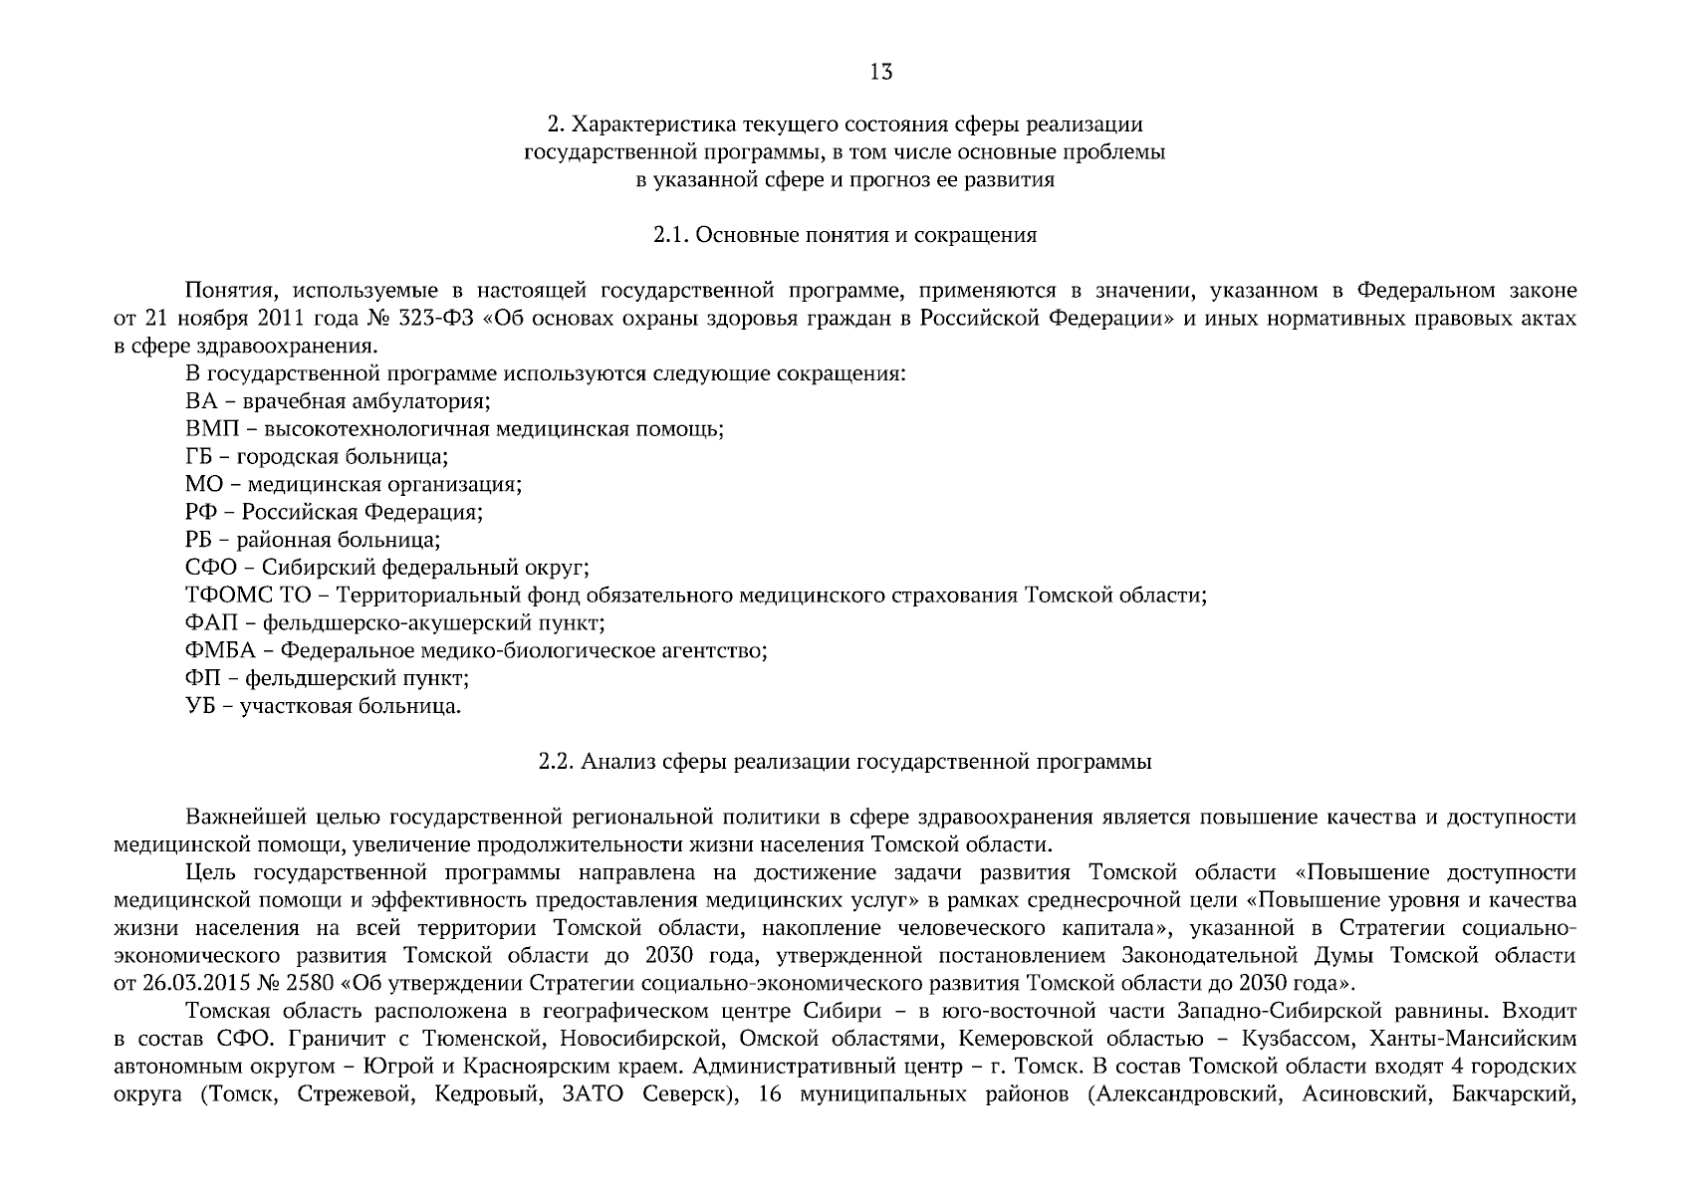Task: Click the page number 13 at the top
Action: pyautogui.click(x=881, y=72)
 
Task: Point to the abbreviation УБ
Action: pyautogui.click(x=198, y=707)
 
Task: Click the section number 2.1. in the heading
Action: pyautogui.click(x=670, y=236)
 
